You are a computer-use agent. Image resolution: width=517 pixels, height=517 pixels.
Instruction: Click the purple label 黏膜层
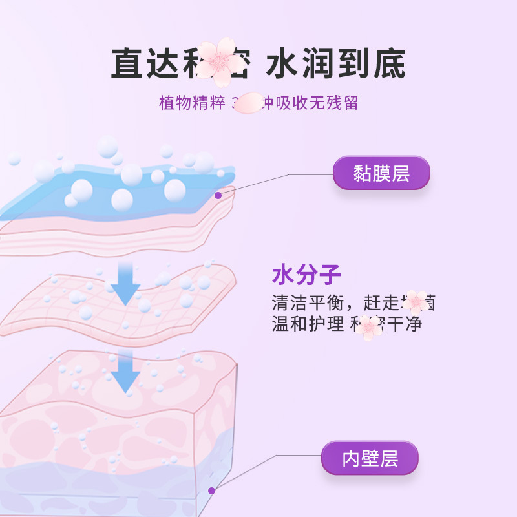click(x=381, y=173)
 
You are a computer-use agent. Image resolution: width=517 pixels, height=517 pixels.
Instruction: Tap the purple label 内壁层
click(x=370, y=458)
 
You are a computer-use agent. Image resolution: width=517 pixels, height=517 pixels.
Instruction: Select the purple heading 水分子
click(x=306, y=275)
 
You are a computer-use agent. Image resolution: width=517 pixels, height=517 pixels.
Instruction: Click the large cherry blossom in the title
click(x=219, y=62)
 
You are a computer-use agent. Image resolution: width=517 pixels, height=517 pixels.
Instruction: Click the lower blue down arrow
click(x=125, y=371)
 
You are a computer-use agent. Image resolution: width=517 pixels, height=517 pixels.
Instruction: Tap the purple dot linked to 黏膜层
click(x=218, y=195)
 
